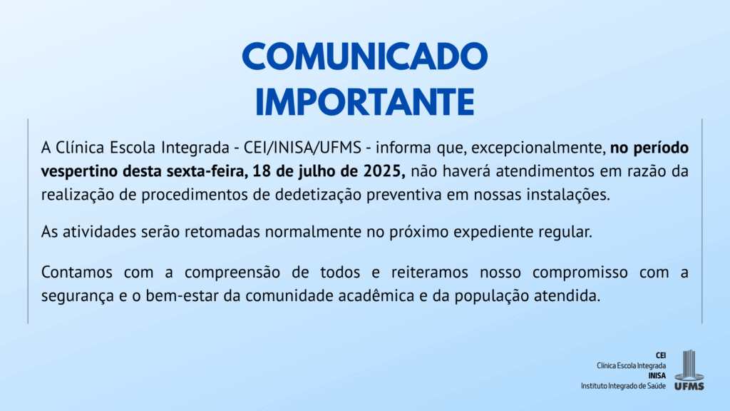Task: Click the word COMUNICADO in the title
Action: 365,56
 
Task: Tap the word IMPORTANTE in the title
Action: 365,101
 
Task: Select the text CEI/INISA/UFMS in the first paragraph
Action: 302,148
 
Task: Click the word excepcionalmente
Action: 538,148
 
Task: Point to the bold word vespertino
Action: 79,172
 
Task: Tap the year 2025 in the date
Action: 384,171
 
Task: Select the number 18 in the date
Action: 261,171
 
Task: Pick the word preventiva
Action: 404,196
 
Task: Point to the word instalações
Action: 568,196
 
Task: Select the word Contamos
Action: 77,272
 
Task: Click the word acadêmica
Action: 376,296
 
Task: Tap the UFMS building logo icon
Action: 689,370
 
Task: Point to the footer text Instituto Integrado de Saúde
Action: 623,386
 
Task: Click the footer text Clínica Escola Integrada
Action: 632,366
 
